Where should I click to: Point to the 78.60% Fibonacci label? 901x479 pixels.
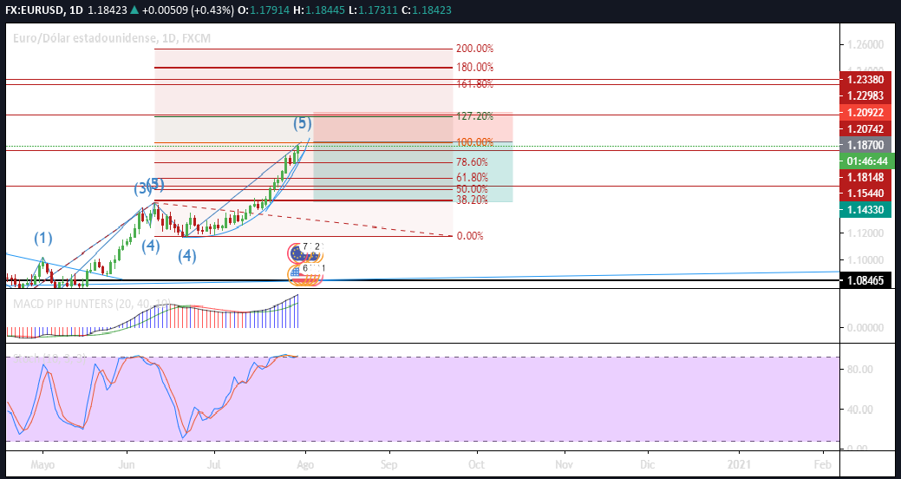click(x=471, y=162)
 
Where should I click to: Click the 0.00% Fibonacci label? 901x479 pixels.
click(x=469, y=236)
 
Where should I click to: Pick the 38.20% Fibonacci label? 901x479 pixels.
click(x=471, y=200)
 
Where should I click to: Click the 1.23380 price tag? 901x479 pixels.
click(x=870, y=79)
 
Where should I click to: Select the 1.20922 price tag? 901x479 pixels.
click(x=870, y=113)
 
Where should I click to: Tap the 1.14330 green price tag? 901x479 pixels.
click(x=870, y=210)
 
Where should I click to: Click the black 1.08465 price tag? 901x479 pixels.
click(x=870, y=281)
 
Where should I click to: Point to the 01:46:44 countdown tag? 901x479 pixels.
click(x=870, y=161)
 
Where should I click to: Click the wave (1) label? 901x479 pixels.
click(x=43, y=237)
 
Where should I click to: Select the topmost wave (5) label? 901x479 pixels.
click(x=302, y=123)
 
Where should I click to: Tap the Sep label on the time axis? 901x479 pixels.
click(x=389, y=465)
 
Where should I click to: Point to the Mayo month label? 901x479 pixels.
click(x=42, y=465)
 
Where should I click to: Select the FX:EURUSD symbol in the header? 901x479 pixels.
click(x=35, y=10)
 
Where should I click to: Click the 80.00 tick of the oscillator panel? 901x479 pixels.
click(x=858, y=370)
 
